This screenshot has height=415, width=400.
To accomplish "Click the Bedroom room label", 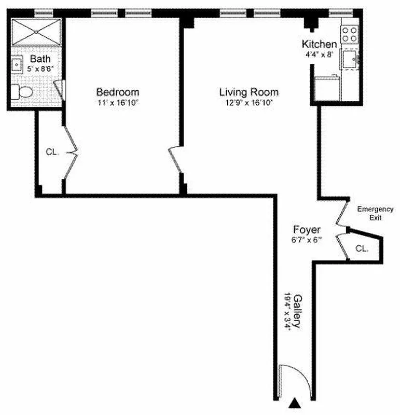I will click(117, 92).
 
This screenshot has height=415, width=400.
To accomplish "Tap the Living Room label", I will click(249, 92).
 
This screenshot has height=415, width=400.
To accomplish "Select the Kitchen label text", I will click(319, 44).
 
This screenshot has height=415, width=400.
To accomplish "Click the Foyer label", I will click(307, 230).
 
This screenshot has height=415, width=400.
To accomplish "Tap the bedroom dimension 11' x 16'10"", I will click(118, 103).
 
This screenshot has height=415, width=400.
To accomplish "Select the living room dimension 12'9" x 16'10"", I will click(249, 103).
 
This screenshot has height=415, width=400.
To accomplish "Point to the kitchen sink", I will click(350, 59).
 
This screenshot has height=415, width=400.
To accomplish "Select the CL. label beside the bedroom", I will click(52, 153).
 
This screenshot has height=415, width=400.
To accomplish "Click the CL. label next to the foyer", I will click(362, 248).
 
